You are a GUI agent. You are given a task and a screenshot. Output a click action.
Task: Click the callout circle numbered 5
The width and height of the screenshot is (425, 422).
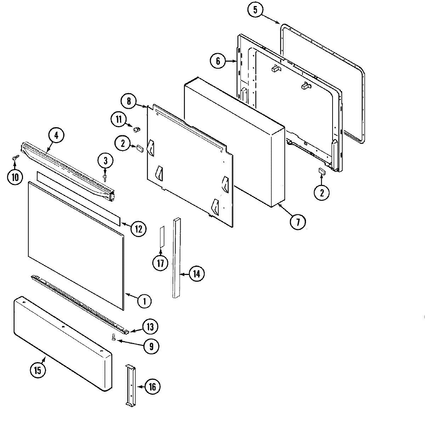coord(255,10)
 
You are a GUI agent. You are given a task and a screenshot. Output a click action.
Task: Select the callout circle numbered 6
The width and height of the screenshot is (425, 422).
coord(218,61)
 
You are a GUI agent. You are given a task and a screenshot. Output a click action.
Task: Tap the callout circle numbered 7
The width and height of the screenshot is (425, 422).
coord(297,222)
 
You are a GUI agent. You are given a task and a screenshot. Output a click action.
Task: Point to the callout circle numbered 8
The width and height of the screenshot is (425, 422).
coord(129,101)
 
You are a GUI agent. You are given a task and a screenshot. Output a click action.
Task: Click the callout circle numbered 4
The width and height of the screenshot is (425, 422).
coord(56,135)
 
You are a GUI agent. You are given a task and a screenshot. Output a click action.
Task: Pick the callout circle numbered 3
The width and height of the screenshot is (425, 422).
coord(106,161)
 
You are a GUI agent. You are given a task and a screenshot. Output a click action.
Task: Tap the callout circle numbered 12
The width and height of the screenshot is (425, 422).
coord(138,229)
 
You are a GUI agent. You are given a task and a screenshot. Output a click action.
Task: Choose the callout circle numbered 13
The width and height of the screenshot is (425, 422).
coord(151,326)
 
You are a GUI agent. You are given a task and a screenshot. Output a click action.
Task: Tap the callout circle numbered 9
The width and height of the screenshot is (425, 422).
coord(151,346)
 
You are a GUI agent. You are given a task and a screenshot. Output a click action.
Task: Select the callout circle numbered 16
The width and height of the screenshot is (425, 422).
coord(152,387)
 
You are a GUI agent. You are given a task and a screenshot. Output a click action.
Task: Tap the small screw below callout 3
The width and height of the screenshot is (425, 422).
coord(105,176)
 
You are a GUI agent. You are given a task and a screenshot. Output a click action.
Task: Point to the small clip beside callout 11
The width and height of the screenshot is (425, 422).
coord(136,129)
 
